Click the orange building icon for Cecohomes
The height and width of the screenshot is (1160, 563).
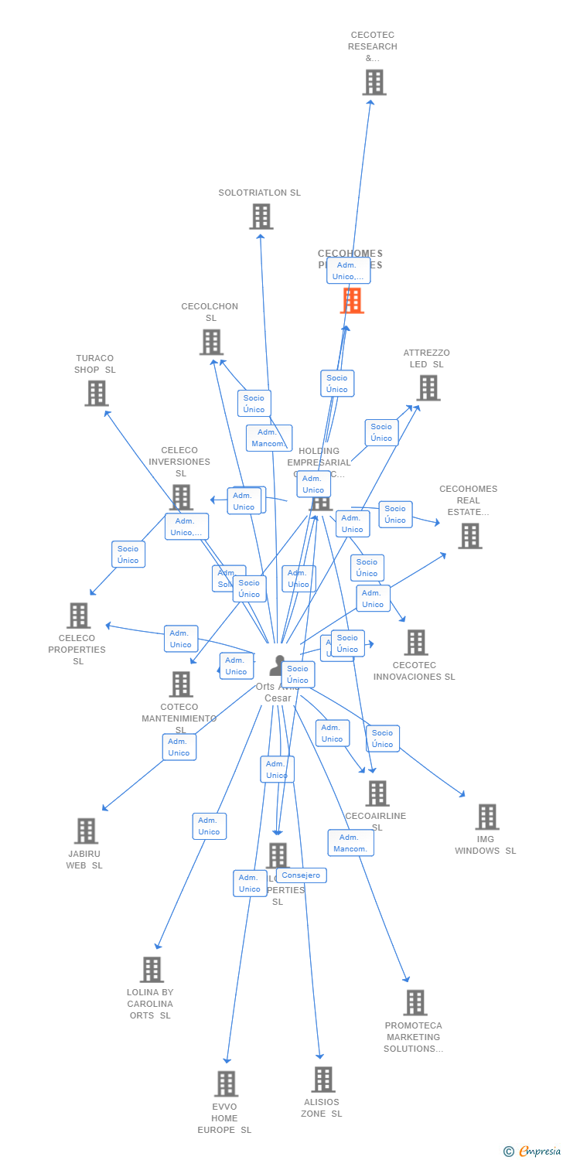[352, 300]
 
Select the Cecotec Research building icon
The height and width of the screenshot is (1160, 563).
[374, 82]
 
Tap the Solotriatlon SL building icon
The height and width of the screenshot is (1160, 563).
[261, 217]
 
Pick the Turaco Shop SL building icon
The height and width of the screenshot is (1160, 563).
[96, 393]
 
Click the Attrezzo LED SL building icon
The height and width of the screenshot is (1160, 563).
[428, 387]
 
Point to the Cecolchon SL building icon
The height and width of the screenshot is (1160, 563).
[211, 342]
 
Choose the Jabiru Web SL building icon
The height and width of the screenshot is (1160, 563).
[86, 831]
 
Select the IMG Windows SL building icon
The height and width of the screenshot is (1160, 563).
[486, 817]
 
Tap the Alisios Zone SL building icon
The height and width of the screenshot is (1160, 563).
[322, 1079]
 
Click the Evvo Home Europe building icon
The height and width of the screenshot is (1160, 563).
[226, 1083]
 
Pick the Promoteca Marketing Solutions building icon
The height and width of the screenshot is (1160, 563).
[415, 1002]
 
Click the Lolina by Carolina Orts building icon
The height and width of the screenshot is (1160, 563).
[152, 969]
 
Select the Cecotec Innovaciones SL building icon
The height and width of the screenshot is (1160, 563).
[415, 642]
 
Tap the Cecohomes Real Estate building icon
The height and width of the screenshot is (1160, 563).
[469, 535]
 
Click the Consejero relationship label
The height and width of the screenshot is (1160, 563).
[301, 875]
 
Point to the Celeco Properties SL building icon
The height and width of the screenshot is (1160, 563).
[78, 616]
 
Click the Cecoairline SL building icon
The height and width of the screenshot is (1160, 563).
[377, 793]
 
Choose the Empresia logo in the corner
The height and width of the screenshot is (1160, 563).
[532, 1151]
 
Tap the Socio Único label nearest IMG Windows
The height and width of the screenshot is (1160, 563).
[382, 739]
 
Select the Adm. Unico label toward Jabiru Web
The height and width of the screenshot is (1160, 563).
[179, 747]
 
